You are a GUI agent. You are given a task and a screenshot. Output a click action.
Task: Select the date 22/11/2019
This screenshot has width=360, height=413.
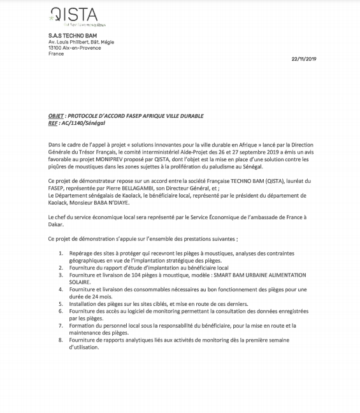tap(303, 59)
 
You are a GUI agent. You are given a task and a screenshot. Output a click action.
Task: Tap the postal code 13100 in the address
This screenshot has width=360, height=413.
tap(55, 48)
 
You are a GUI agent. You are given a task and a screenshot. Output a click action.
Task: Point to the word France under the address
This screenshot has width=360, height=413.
tap(56, 54)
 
